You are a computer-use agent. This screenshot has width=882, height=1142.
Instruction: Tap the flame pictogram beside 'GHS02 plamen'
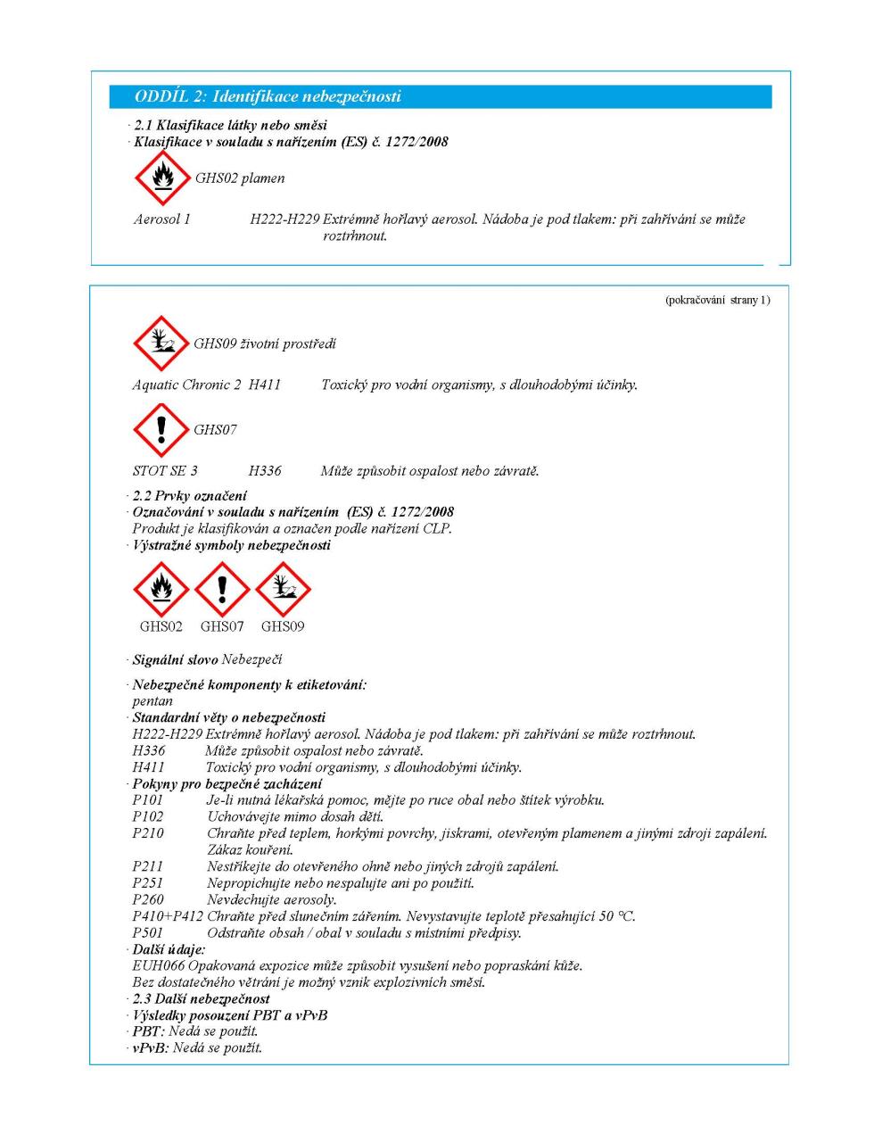point(161,178)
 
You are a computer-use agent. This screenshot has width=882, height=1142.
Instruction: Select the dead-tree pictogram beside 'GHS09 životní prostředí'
point(161,343)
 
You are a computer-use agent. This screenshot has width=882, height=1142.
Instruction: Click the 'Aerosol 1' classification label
point(161,219)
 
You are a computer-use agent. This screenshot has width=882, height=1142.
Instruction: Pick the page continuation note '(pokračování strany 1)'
point(717,300)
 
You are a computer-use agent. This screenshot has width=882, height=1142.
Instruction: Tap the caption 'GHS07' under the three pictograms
point(222,626)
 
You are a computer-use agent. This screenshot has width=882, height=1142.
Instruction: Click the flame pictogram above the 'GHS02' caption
point(161,590)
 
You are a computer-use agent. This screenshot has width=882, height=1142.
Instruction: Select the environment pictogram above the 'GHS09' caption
point(283,590)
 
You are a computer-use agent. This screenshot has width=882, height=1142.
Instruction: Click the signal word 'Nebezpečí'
point(251,659)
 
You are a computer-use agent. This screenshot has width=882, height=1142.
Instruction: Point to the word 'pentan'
point(152,701)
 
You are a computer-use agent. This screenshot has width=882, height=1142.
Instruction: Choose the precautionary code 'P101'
point(147,800)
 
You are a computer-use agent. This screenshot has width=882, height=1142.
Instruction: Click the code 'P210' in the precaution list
point(147,833)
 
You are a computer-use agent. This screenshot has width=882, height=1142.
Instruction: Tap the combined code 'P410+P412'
point(167,916)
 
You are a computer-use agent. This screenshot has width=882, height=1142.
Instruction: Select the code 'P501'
point(147,933)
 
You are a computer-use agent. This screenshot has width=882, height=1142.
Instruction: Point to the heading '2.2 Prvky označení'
point(189,495)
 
